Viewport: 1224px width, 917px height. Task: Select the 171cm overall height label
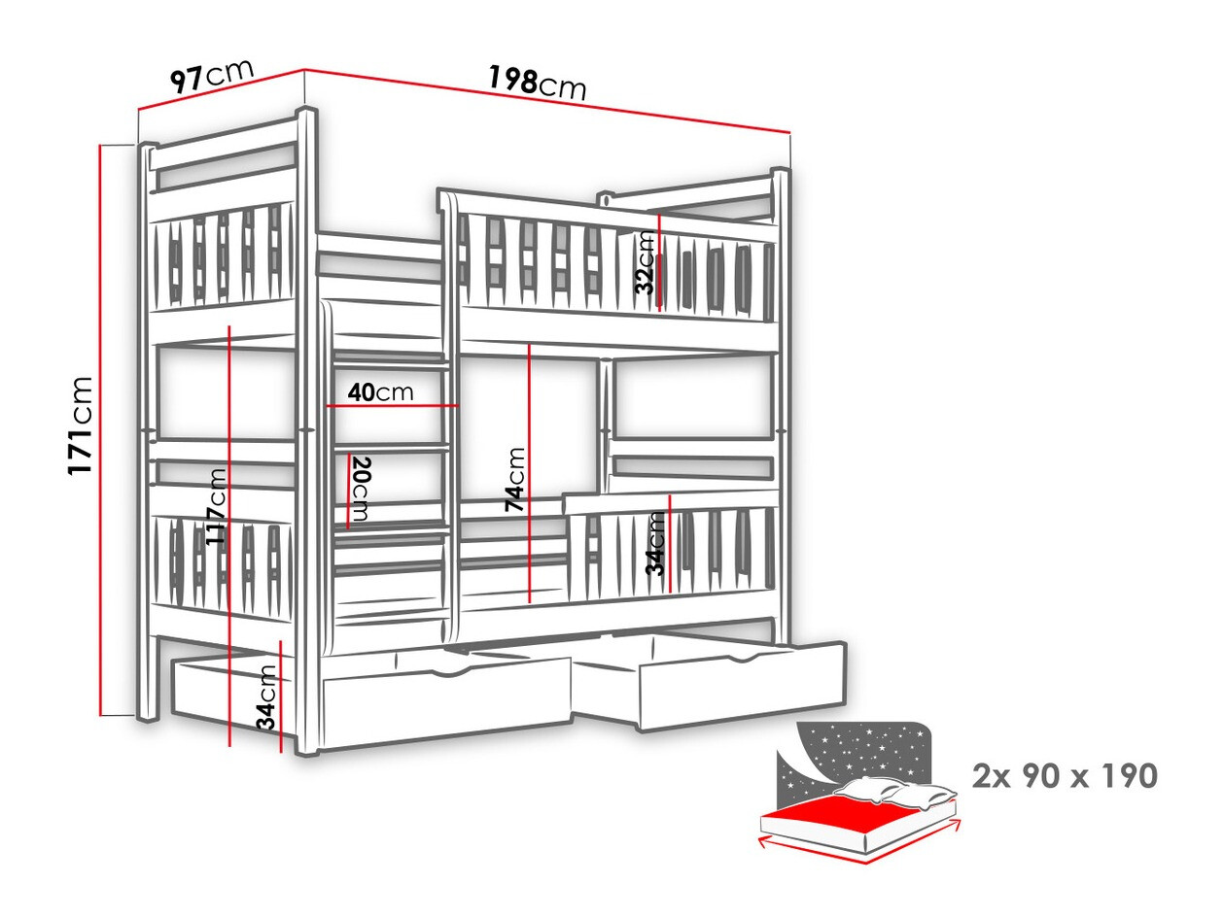tap(80, 426)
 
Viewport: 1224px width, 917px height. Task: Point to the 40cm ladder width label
tap(381, 392)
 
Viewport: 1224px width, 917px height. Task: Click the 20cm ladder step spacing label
tap(360, 489)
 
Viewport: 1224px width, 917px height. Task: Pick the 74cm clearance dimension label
tap(514, 479)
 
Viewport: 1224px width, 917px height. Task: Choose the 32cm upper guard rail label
tap(646, 262)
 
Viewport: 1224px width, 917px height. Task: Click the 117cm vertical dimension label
tap(217, 506)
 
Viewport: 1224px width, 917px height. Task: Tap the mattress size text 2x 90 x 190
tap(1065, 776)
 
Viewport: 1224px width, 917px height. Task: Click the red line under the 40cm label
tap(393, 406)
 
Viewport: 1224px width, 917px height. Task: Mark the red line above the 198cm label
tap(547, 108)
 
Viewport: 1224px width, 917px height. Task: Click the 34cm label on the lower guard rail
tap(656, 543)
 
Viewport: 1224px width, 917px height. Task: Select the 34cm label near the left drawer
tap(266, 696)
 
